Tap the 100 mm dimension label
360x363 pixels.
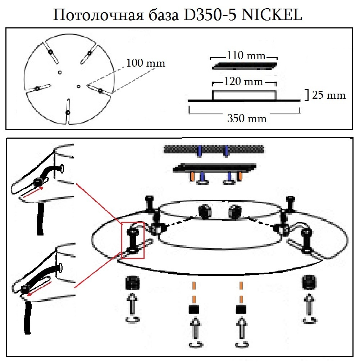pyautogui.click(x=146, y=63)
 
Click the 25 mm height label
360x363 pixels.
pyautogui.click(x=329, y=95)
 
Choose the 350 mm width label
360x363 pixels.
pyautogui.click(x=247, y=118)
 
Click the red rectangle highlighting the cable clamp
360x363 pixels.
pyautogui.click(x=133, y=240)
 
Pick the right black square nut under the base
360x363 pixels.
pyautogui.click(x=241, y=309)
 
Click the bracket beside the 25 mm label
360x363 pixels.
pyautogui.click(x=307, y=95)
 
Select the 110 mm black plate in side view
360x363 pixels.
pyautogui.click(x=245, y=66)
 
